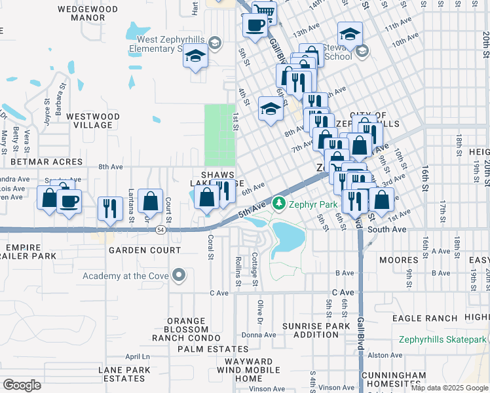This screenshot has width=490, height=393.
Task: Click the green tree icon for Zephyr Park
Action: [x=279, y=204]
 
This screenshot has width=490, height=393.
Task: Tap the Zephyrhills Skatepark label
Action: [x=443, y=339]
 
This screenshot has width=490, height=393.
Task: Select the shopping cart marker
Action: [x=263, y=11]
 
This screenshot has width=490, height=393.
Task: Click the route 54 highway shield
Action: [x=160, y=230]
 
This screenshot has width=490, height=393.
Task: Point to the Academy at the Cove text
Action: [x=124, y=276]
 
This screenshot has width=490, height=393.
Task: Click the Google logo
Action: [x=22, y=384]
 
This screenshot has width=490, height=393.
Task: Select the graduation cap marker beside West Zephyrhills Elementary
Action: [x=195, y=57]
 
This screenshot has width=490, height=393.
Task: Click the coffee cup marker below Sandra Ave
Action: [x=69, y=200]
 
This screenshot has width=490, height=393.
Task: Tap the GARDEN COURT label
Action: [x=145, y=250]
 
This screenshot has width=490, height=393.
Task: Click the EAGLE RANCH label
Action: [x=424, y=318]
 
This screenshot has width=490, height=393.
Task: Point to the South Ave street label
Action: [x=386, y=230]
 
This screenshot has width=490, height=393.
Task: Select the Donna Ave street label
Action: [x=258, y=334]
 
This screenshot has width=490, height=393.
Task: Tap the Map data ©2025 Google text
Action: [x=449, y=388]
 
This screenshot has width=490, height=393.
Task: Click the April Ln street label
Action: [x=138, y=356]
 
